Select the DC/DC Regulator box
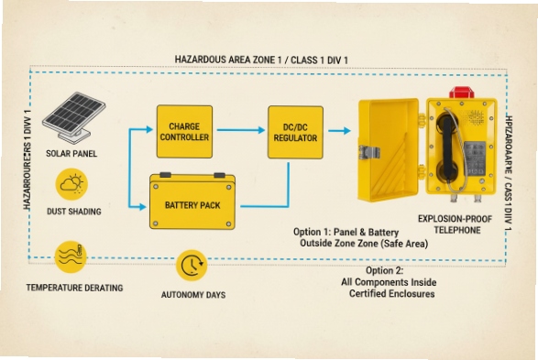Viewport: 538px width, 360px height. point(295,132)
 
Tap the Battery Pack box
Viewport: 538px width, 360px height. point(192,202)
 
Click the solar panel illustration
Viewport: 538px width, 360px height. point(72,114)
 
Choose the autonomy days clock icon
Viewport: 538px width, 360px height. point(192,265)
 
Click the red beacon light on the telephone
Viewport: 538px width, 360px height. point(461,93)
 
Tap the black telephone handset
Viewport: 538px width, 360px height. point(450,147)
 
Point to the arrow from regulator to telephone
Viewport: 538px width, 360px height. point(339,132)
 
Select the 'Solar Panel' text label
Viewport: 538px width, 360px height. point(71,153)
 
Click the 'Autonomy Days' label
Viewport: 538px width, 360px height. point(193,295)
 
